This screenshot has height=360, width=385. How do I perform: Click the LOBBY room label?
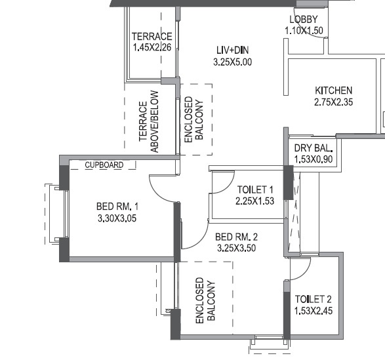(303, 19)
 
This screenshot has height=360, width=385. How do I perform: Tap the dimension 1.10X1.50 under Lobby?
(304, 30)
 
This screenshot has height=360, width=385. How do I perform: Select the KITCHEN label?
(333, 90)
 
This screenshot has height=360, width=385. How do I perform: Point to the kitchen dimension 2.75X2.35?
(333, 102)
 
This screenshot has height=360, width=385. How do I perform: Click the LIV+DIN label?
(232, 50)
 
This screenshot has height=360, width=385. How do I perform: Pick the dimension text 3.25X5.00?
(232, 62)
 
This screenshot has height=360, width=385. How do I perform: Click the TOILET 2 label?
(314, 299)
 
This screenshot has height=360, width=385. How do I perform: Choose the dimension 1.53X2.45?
(314, 311)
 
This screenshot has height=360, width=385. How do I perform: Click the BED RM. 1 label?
(117, 207)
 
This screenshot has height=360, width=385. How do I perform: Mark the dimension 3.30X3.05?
(117, 218)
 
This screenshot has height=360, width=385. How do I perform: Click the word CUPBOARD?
(104, 165)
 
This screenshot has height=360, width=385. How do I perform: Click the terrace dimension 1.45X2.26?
(152, 48)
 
